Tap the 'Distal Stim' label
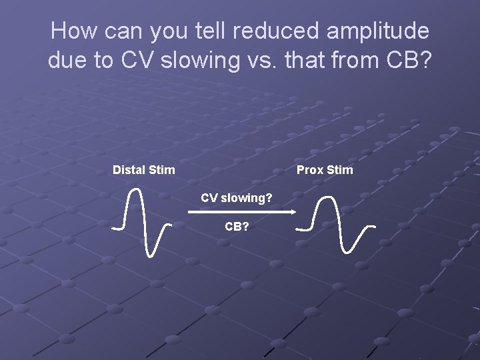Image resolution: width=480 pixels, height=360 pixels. point(144,170)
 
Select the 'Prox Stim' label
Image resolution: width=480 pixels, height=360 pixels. point(325,170)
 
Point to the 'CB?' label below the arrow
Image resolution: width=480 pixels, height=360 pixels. point(237,227)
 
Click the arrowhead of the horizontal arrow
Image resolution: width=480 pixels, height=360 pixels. point(292,212)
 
